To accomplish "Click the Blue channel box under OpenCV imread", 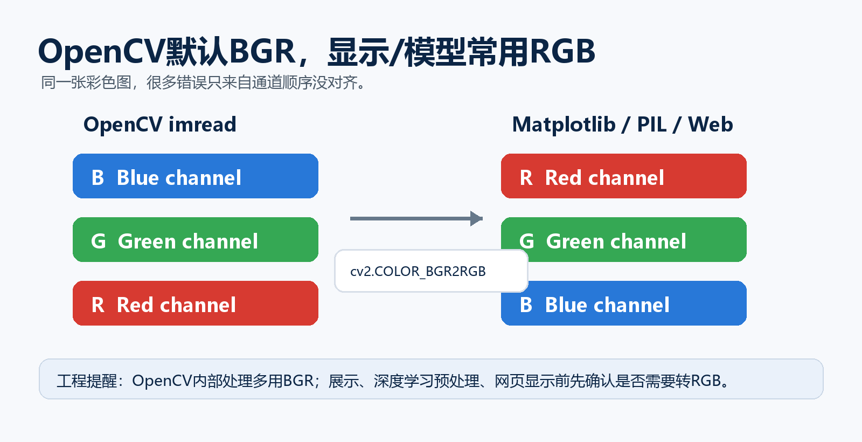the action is click(x=196, y=176).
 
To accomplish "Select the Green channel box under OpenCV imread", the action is click(x=196, y=239).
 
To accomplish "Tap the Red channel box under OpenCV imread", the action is click(x=196, y=303).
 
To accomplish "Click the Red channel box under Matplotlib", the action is click(x=624, y=176).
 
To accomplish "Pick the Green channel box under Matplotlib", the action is click(x=624, y=239).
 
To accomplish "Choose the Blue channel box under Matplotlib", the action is click(x=624, y=303).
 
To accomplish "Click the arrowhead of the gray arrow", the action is click(x=477, y=218).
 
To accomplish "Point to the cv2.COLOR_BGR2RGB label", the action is click(x=418, y=272).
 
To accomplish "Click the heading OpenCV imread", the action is click(x=159, y=125).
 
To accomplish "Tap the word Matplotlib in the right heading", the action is click(x=564, y=125).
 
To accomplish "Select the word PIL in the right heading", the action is click(x=652, y=125).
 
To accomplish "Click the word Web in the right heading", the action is click(x=711, y=125).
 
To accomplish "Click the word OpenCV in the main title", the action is click(x=102, y=52).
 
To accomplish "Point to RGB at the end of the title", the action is click(x=562, y=51).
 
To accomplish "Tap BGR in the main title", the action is click(x=262, y=51).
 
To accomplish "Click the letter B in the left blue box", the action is click(x=98, y=177).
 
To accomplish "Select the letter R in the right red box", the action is click(x=526, y=177).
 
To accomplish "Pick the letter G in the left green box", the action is click(x=98, y=241).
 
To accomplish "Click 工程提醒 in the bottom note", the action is click(x=87, y=381).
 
